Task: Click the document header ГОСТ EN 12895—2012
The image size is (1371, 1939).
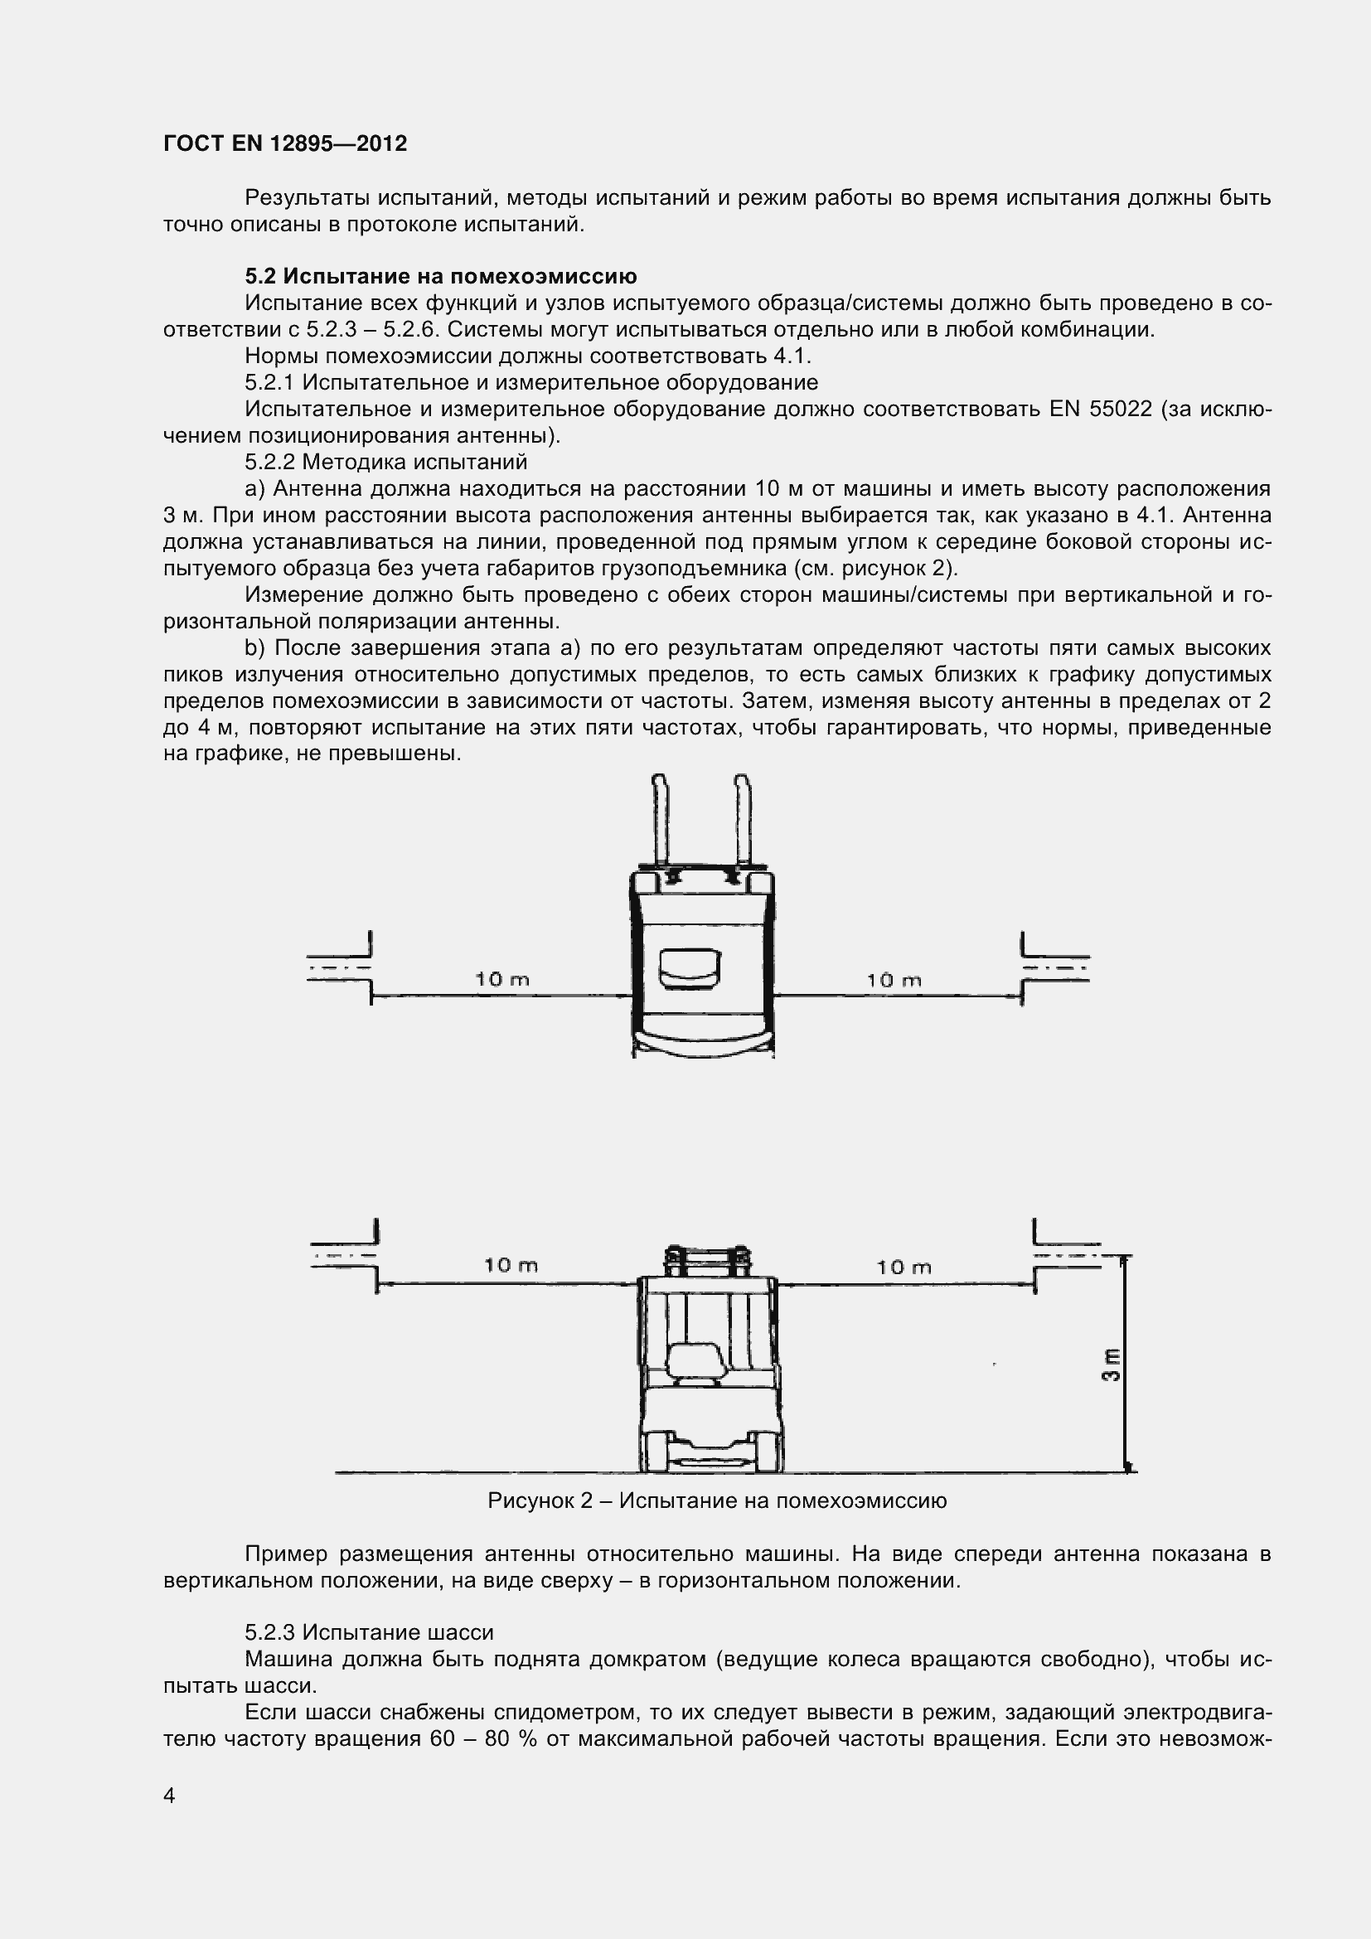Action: pyautogui.click(x=284, y=144)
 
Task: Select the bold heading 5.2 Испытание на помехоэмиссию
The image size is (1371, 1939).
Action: pyautogui.click(x=440, y=276)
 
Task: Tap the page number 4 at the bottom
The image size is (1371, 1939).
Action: pyautogui.click(x=170, y=1796)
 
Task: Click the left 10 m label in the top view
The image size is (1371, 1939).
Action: pyautogui.click(x=501, y=980)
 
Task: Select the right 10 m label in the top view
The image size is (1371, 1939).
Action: pyautogui.click(x=894, y=981)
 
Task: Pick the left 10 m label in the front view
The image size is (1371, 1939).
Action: pyautogui.click(x=511, y=1265)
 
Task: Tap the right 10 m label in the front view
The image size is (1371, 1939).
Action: pyautogui.click(x=904, y=1267)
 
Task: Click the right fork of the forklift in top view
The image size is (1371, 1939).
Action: pyautogui.click(x=743, y=819)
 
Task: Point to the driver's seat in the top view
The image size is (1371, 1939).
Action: pyautogui.click(x=690, y=967)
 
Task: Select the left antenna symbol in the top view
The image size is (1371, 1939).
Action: pyautogui.click(x=342, y=967)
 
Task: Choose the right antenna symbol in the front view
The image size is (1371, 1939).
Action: pyautogui.click(x=1065, y=1255)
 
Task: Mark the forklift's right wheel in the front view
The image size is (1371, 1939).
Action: pyautogui.click(x=768, y=1451)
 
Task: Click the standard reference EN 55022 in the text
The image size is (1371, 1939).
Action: pyautogui.click(x=1101, y=410)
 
